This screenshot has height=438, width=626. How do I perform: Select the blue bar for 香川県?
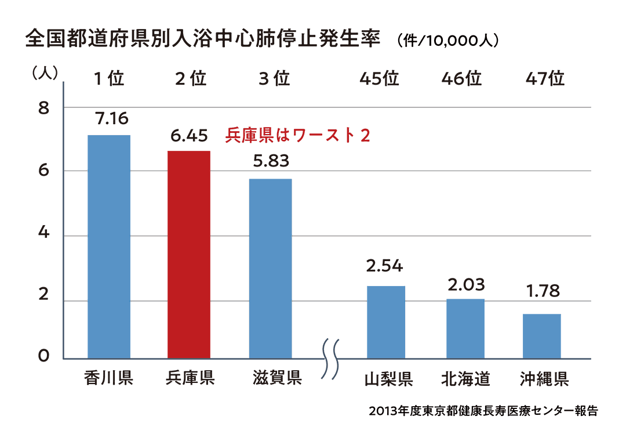point(109,247)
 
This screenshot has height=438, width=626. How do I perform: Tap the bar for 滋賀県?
point(270,268)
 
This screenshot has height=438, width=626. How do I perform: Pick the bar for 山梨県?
point(386,322)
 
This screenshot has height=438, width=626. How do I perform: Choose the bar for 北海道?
point(465,328)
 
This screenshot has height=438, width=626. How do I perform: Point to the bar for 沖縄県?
point(542,336)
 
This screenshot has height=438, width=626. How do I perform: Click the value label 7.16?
point(109,119)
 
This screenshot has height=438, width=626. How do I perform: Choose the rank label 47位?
point(545,78)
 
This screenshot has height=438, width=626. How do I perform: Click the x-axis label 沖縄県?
point(544,379)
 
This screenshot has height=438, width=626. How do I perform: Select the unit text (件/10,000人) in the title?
point(449,42)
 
